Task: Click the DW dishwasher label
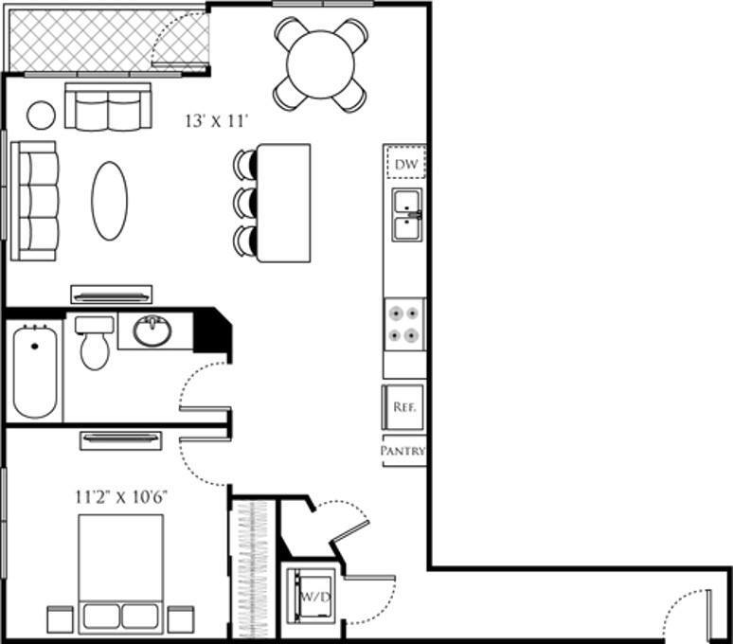pyautogui.click(x=405, y=164)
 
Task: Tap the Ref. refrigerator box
pyautogui.click(x=403, y=408)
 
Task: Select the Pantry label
pyautogui.click(x=403, y=452)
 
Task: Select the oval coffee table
pyautogui.click(x=109, y=200)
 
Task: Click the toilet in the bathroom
pyautogui.click(x=95, y=343)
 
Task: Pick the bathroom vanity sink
pyautogui.click(x=152, y=331)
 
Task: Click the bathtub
pyautogui.click(x=34, y=369)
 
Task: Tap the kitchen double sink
pyautogui.click(x=406, y=216)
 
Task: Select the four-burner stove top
pyautogui.click(x=404, y=323)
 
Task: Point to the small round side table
pyautogui.click(x=41, y=115)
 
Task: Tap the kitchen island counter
pyautogui.click(x=284, y=203)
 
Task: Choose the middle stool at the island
pyautogui.click(x=246, y=202)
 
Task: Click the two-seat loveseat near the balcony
pyautogui.click(x=108, y=107)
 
